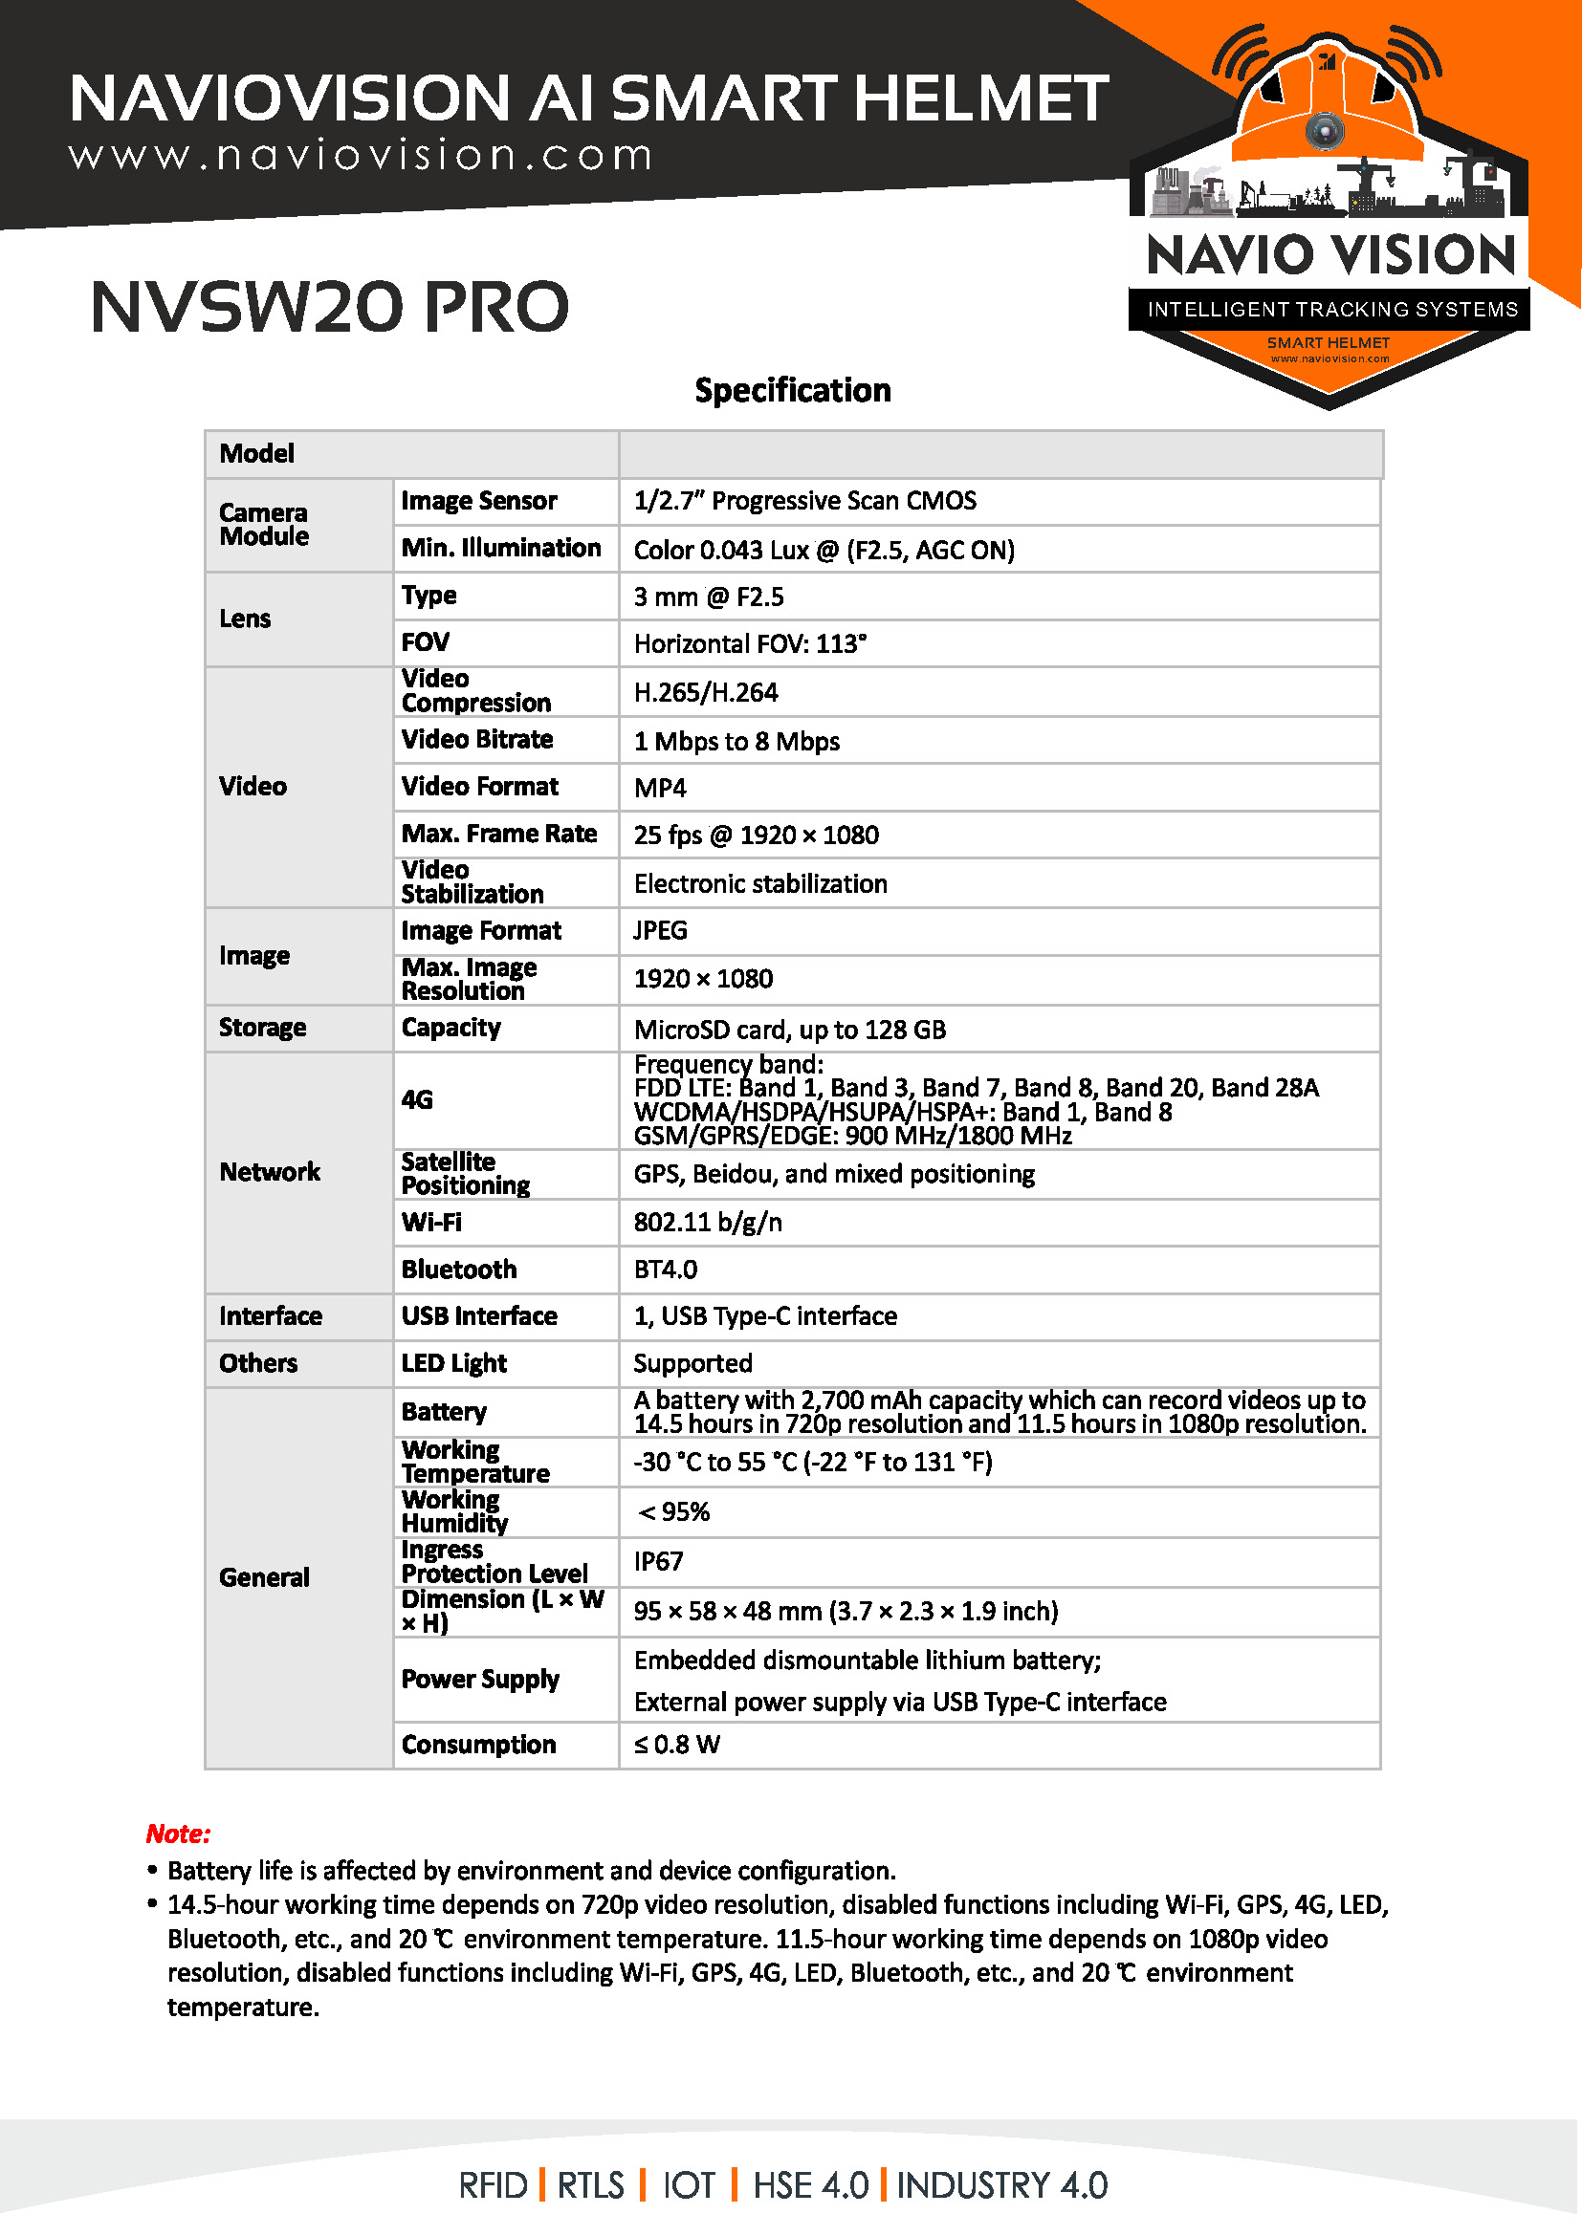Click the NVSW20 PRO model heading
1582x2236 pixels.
(329, 307)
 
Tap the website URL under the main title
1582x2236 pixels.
(361, 156)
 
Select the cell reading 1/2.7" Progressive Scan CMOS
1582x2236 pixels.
(804, 501)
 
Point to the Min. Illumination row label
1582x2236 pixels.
(500, 549)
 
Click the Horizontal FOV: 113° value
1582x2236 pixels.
(750, 643)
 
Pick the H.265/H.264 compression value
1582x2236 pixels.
(705, 692)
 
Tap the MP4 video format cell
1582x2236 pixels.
(660, 788)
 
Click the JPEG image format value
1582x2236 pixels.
(660, 931)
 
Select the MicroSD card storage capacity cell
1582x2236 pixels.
(789, 1030)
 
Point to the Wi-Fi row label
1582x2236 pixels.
(431, 1223)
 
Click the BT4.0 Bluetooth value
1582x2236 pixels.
(666, 1270)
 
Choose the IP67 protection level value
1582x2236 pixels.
(658, 1562)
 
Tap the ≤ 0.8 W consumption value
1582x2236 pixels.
(677, 1745)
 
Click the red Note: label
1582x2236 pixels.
(178, 1834)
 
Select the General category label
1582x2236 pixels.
(264, 1577)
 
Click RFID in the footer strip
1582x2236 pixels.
(493, 2185)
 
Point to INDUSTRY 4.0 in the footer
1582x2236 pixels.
(1001, 2185)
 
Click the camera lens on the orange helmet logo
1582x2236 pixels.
(1325, 129)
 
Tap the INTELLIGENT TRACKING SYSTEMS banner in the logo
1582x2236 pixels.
(1331, 310)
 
